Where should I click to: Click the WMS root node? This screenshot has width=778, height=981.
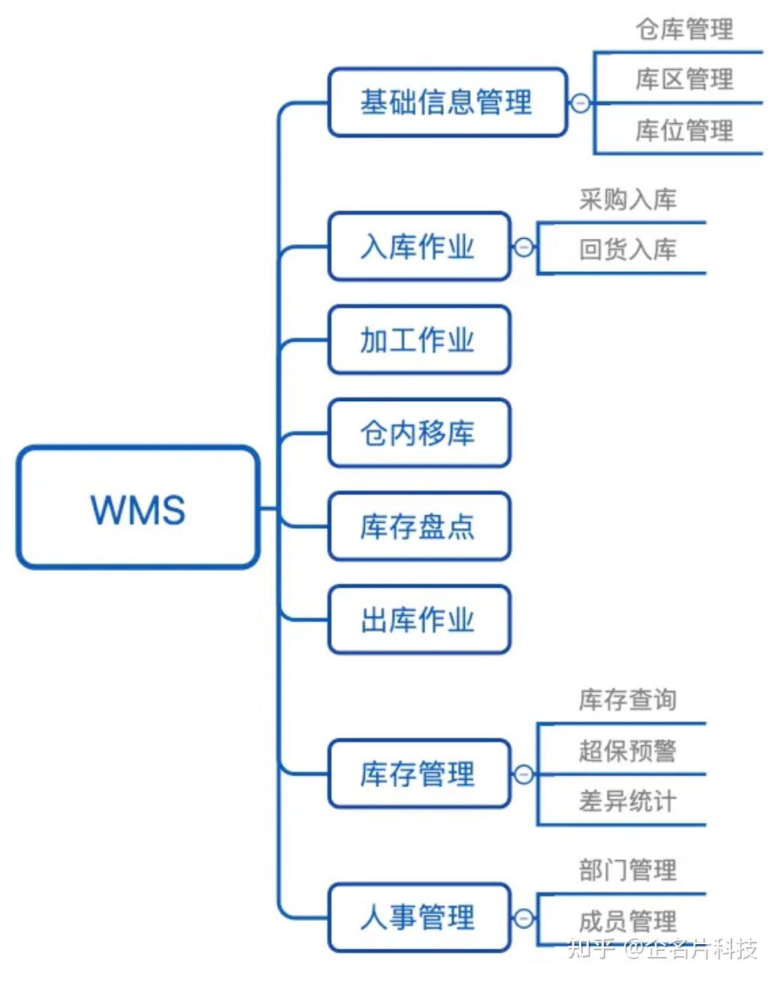[x=138, y=508]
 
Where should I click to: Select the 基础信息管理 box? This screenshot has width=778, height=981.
[x=447, y=102]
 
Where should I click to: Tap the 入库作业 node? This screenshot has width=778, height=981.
[x=419, y=246]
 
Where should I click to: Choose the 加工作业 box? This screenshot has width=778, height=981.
[x=419, y=340]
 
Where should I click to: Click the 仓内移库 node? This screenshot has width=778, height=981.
[x=419, y=433]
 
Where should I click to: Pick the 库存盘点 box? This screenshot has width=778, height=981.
[x=419, y=526]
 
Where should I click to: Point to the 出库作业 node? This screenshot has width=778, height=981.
[x=419, y=620]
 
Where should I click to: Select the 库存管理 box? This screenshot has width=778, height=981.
[x=419, y=774]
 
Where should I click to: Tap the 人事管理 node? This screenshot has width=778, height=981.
[x=419, y=917]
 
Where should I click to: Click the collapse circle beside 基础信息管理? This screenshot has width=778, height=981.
[x=580, y=103]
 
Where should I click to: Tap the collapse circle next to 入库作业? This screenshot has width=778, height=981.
[x=523, y=247]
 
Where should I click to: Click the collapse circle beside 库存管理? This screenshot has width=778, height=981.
[x=523, y=774]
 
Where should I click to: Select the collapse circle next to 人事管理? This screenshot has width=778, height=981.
[x=523, y=918]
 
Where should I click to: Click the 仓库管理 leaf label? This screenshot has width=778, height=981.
[x=684, y=29]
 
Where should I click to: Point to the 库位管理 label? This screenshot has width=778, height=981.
[x=684, y=131]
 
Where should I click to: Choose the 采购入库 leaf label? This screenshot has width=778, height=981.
[x=628, y=199]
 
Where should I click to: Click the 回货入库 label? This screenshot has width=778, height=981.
[x=628, y=249]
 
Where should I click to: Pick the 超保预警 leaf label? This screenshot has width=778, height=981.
[x=628, y=750]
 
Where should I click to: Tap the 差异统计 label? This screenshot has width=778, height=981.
[x=628, y=801]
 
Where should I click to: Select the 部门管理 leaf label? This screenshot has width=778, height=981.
[x=628, y=870]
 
